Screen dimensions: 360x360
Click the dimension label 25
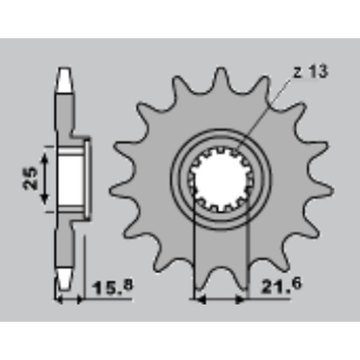pos(30,178)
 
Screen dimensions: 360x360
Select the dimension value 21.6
pos(282,285)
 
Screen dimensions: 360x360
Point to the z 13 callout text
pos(311,72)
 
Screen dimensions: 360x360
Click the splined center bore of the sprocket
pos(221,181)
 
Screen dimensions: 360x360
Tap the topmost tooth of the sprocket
pos(221,77)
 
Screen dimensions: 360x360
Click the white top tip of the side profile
pos(64,80)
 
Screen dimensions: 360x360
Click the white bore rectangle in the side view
pos(71,181)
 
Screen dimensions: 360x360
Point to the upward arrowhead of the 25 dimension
pos(45,159)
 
